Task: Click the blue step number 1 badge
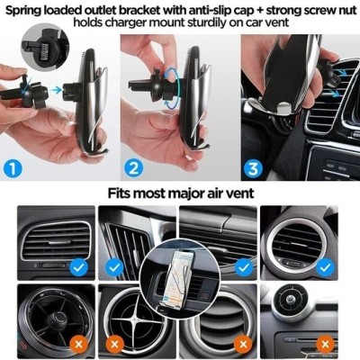click(x=13, y=168)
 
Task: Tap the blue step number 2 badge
click(x=133, y=168)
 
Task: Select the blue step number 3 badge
click(x=253, y=168)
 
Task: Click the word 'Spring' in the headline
click(x=23, y=11)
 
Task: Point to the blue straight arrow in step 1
click(x=56, y=89)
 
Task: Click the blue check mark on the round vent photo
click(x=325, y=267)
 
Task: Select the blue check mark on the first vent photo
click(x=78, y=267)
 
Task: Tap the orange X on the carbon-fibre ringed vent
click(x=78, y=344)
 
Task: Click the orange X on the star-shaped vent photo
click(x=114, y=344)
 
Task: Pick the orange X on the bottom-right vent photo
click(x=325, y=344)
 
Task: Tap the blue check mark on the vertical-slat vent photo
click(x=114, y=267)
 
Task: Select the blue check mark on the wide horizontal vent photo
click(x=244, y=267)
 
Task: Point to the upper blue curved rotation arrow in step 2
click(x=171, y=71)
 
